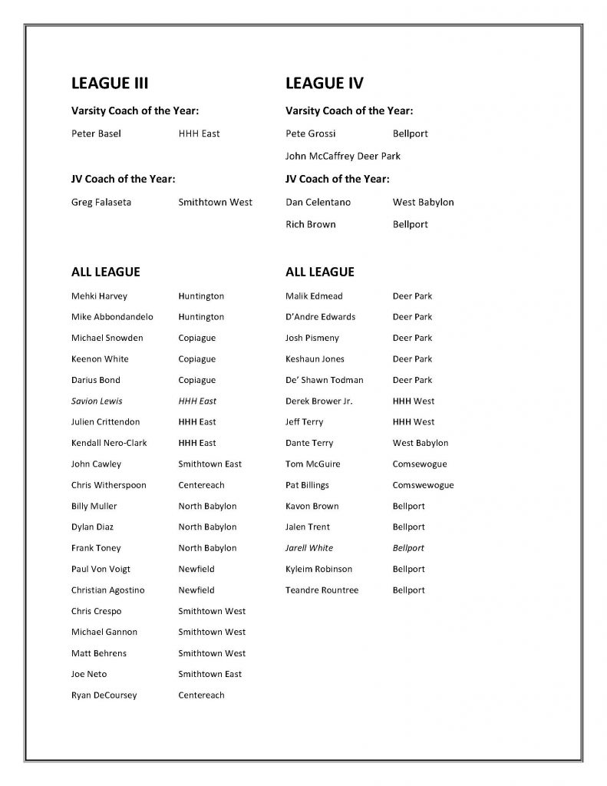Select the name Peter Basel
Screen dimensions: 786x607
coord(96,134)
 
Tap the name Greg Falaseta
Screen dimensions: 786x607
coord(101,203)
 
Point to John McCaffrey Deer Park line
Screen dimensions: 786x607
coord(342,156)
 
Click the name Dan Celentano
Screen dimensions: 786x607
coord(318,203)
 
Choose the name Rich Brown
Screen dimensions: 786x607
coord(310,225)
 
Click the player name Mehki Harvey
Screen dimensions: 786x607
coord(99,296)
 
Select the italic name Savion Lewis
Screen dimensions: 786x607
coord(97,401)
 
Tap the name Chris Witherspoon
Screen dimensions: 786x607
coord(108,485)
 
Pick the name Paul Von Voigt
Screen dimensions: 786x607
coord(101,570)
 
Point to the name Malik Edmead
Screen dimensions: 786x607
coord(314,296)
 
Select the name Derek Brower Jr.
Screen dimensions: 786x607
coord(318,401)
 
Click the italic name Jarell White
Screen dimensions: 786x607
coord(308,548)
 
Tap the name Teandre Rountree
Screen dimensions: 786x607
coord(322,590)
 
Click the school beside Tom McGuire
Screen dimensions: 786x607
coord(419,464)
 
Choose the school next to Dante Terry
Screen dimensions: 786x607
coord(421,443)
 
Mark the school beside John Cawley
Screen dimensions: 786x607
coord(209,464)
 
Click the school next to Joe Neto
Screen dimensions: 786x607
coord(209,674)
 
